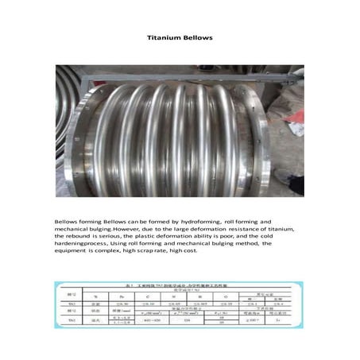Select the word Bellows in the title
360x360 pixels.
199,37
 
